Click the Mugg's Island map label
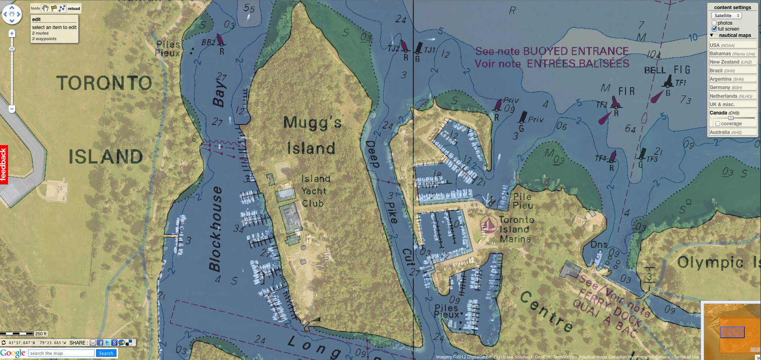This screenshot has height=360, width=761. [312, 135]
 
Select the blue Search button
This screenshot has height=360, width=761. [106, 353]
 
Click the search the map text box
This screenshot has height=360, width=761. [61, 353]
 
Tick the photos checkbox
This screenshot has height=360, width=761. [714, 23]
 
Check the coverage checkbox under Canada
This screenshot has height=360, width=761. [718, 124]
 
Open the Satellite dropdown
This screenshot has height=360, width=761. [726, 16]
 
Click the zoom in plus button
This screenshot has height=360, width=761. [12, 33]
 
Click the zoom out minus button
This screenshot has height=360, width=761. [12, 109]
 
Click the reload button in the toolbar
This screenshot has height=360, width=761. [74, 9]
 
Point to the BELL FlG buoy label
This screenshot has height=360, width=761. [667, 70]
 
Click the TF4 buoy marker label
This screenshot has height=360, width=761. [600, 158]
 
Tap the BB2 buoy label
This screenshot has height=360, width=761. [208, 42]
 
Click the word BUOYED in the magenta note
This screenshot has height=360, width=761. [551, 51]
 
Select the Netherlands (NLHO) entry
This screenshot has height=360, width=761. [732, 96]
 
